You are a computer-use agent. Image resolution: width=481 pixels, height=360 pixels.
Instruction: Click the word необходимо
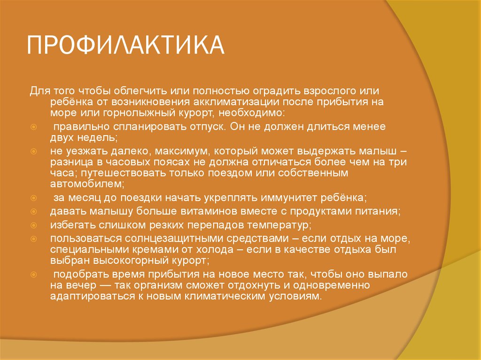[256, 113]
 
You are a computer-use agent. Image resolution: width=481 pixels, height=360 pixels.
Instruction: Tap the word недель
[98, 138]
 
